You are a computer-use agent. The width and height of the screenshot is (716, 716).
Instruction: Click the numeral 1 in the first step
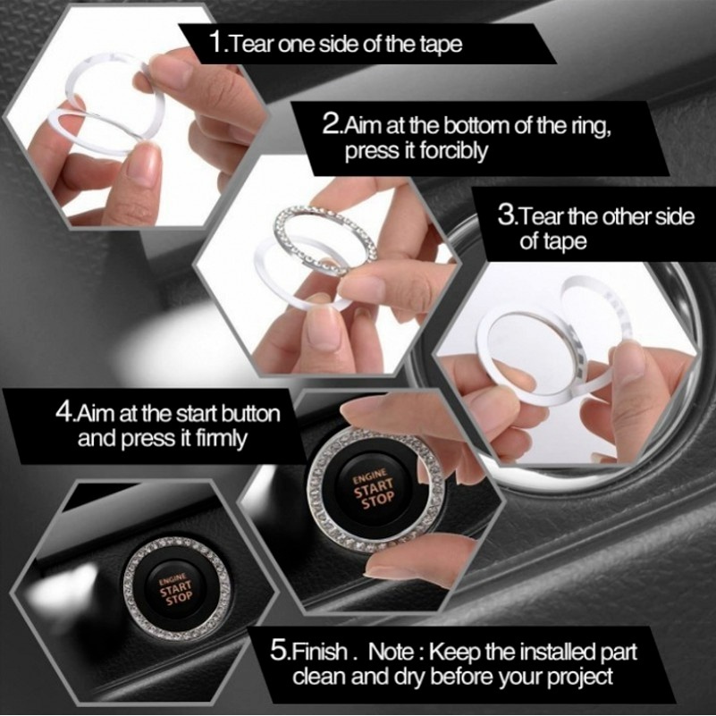point(215,43)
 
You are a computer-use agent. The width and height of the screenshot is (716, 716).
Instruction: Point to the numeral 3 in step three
point(506,215)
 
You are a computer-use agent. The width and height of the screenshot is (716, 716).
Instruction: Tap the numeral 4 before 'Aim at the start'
point(64,412)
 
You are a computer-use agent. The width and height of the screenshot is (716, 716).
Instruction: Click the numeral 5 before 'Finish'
point(278,650)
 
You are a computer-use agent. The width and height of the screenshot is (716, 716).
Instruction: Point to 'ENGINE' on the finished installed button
point(172,579)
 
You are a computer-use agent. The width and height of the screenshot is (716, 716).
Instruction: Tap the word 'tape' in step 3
point(565,242)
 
